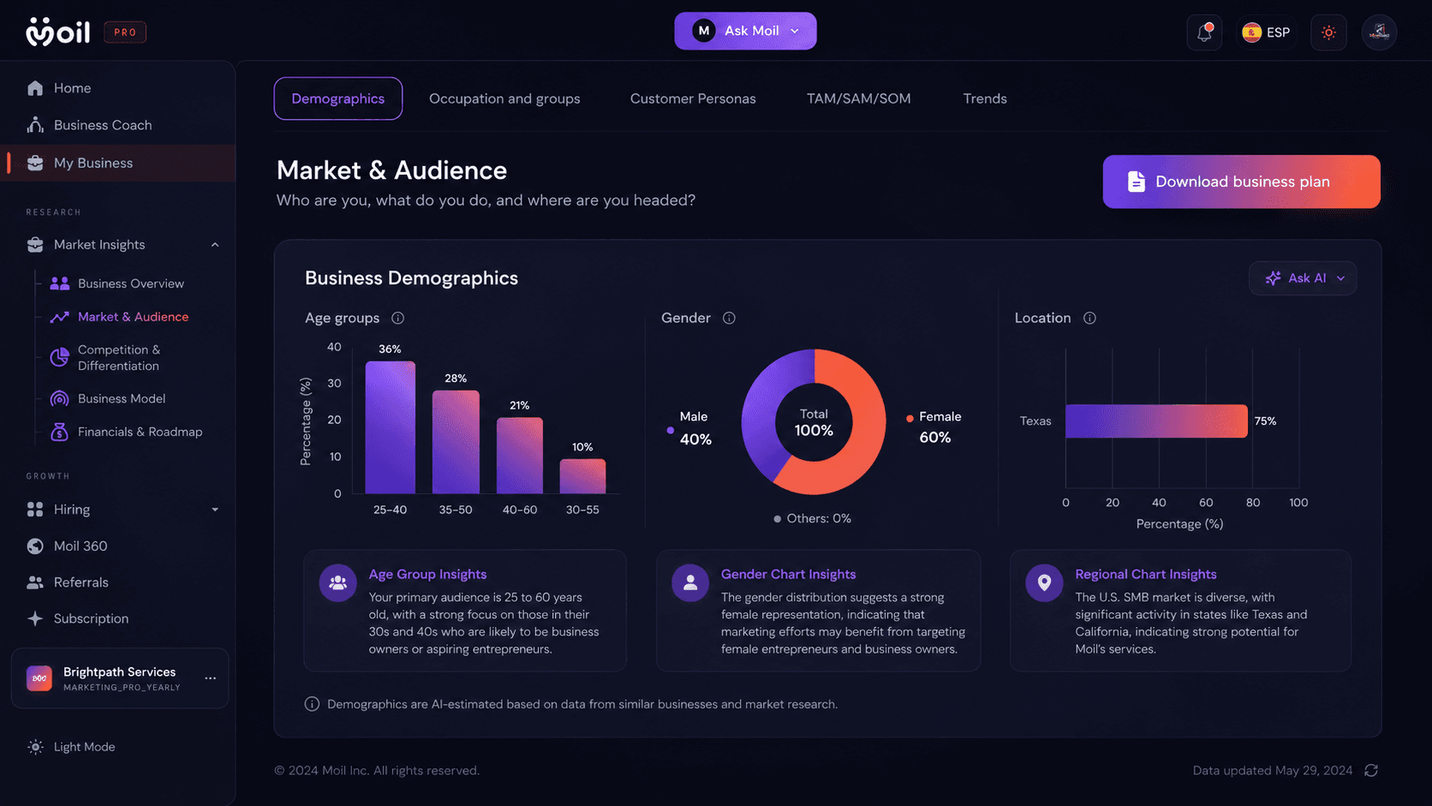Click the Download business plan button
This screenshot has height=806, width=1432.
(x=1241, y=182)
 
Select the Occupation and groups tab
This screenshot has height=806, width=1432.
(x=504, y=99)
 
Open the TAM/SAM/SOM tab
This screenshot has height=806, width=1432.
(x=858, y=99)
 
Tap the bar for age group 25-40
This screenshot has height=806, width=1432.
(x=390, y=427)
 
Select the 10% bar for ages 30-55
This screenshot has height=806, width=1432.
(x=582, y=476)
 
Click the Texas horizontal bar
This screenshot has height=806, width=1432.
(x=1156, y=421)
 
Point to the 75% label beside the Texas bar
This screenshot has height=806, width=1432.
(x=1265, y=421)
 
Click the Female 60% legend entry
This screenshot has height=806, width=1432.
(x=934, y=427)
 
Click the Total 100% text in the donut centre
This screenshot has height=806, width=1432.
(x=814, y=422)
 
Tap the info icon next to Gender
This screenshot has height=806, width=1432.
(x=729, y=319)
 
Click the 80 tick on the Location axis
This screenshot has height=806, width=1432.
(x=1253, y=503)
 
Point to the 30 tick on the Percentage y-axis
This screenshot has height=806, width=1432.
(x=334, y=384)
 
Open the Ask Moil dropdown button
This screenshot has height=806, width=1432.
(x=745, y=31)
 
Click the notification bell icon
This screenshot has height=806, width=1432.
(x=1204, y=32)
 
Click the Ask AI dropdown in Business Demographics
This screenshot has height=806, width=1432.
(x=1303, y=278)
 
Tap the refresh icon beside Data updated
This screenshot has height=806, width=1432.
(x=1371, y=771)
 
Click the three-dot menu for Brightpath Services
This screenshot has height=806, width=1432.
(x=211, y=678)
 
